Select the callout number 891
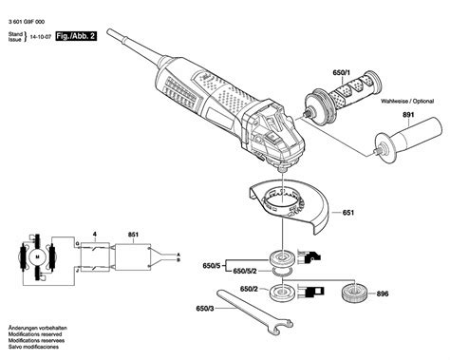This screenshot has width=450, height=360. pyautogui.click(x=409, y=118)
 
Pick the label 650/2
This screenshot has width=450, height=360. pyautogui.click(x=250, y=288)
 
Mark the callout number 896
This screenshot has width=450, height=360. pyautogui.click(x=408, y=294)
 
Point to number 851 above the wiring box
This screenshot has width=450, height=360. pyautogui.click(x=133, y=232)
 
